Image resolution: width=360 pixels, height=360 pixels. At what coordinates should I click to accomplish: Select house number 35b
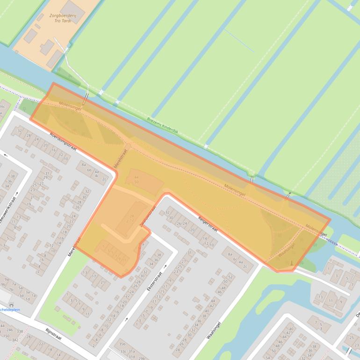click(x=122, y=344)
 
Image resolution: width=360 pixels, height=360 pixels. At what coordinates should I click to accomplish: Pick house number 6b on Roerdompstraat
click(x=89, y=169)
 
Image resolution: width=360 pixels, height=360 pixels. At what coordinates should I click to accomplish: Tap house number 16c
click(x=2, y=107)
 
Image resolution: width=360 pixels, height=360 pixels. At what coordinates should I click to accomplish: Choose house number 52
click(x=230, y=277)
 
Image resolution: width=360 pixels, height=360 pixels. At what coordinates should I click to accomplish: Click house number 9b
click(x=3, y=284)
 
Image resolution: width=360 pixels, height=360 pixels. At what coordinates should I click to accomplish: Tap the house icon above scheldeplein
click(x=10, y=304)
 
